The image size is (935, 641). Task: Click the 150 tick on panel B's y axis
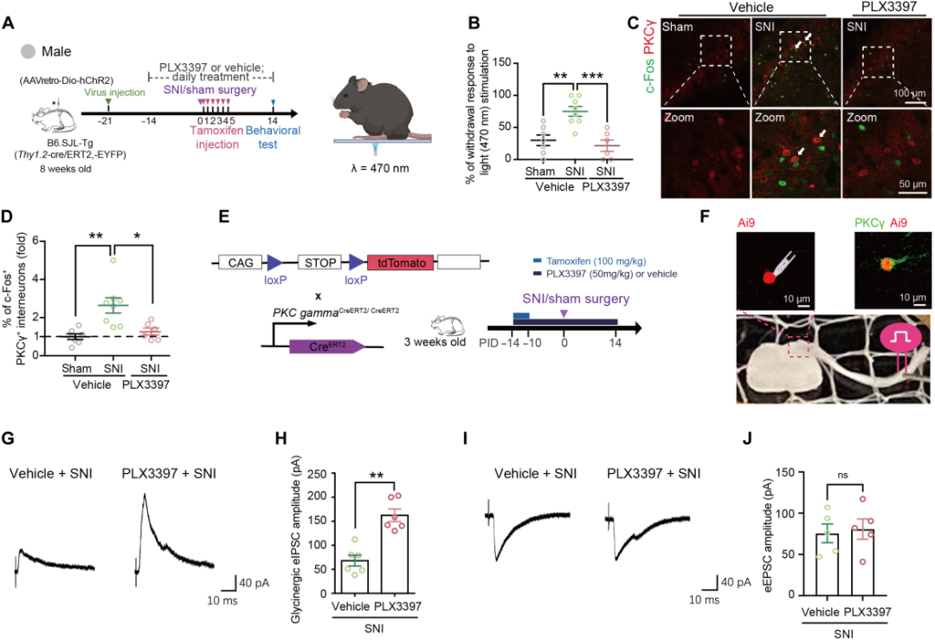[x=494, y=62]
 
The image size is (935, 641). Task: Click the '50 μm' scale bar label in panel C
[x=910, y=185]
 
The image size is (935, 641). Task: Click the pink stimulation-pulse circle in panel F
[x=899, y=336]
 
